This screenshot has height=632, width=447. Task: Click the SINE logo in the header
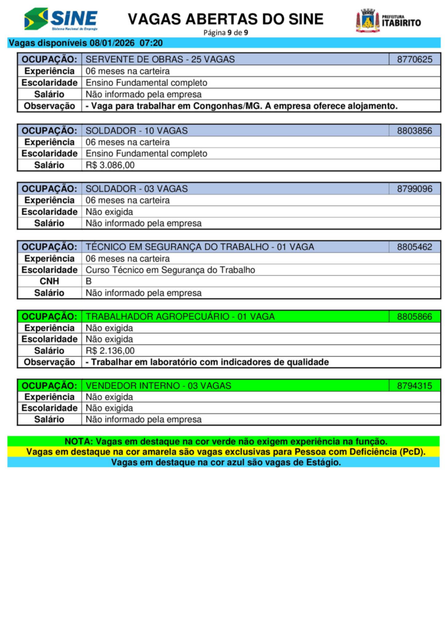tap(61, 19)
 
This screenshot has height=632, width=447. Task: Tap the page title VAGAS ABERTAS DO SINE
tap(225, 19)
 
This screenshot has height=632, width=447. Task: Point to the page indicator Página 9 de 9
tap(225, 32)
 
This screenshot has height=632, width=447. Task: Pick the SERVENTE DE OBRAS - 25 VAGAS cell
tap(160, 60)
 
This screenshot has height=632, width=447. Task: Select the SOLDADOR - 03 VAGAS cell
tap(136, 189)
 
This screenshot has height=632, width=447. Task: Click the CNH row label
tap(49, 281)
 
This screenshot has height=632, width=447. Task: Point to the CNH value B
tap(89, 281)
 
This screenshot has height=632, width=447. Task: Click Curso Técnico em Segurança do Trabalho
tap(170, 270)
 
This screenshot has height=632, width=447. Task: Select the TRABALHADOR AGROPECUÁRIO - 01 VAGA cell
tap(180, 317)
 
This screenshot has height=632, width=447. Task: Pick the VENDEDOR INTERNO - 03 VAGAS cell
tap(158, 386)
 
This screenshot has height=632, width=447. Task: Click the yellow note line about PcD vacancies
tap(225, 452)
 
